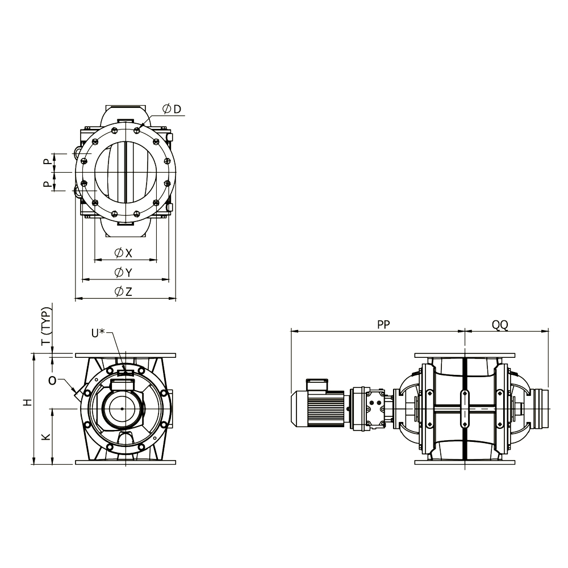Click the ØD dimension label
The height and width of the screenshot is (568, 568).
172,108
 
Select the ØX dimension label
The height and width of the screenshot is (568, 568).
123,253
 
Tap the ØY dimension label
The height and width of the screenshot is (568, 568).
123,272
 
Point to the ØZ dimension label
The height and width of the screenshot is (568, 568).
123,291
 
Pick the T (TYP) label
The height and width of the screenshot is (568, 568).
47,326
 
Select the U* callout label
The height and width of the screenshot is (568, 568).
98,333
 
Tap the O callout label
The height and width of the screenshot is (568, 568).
52,381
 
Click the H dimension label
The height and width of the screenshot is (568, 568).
28,402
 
